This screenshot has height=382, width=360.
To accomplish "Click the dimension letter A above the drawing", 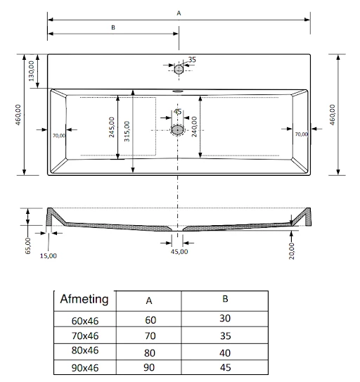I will pos(179,13).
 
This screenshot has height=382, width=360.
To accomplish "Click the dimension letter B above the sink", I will pos(112,27).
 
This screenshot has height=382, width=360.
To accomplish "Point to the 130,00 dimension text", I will pos(32,71).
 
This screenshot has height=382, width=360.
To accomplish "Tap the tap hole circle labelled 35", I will pos(179,69).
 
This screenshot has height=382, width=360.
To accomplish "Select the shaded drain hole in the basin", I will pos(178,129).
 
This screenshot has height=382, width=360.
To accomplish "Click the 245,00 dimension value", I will pos(112,127).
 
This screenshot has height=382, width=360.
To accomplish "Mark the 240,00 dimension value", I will pos(194,126).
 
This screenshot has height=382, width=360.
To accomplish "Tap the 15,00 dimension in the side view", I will pos(48,255).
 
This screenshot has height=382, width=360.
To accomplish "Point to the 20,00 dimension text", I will pos(291,250).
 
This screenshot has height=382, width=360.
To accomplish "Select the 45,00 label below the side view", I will pos(179,252).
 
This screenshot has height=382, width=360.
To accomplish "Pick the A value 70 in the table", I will pos(148,336).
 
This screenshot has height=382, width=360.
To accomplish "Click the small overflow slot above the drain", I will pos(178,89).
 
